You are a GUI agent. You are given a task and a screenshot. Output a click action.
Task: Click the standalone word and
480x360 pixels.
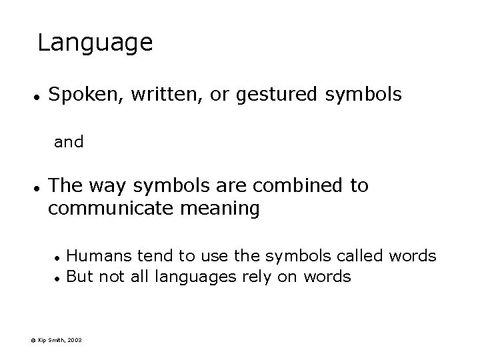69,142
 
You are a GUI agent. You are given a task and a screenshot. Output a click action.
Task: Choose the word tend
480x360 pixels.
155,256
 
